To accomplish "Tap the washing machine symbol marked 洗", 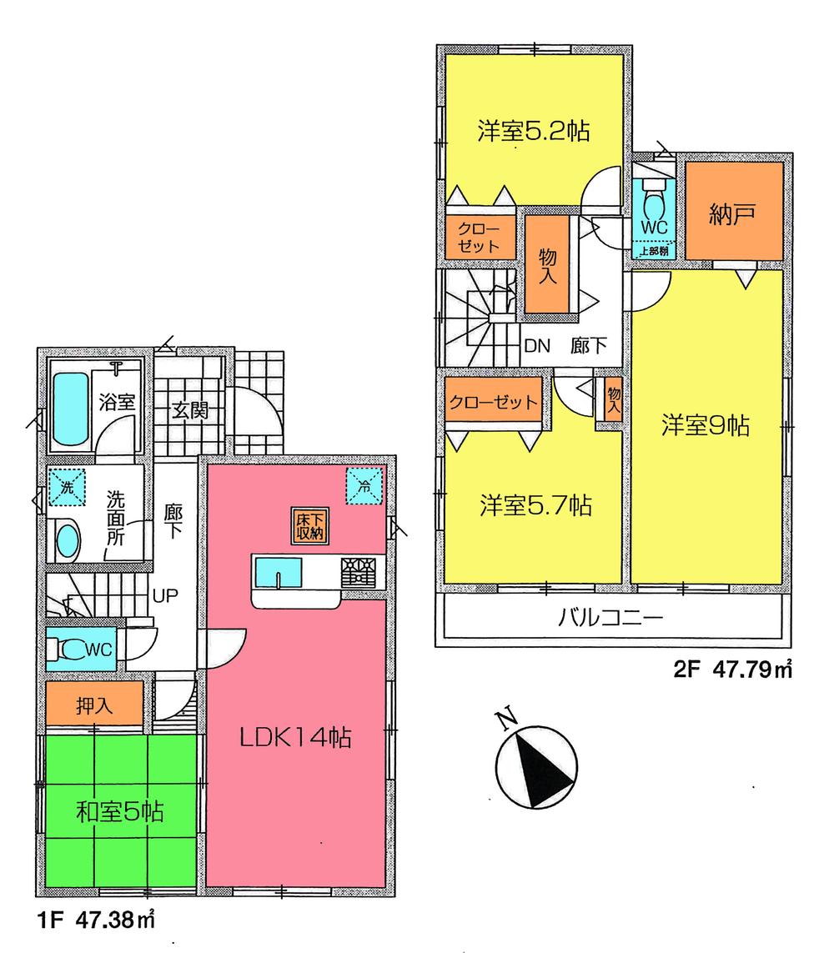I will pyautogui.click(x=67, y=486).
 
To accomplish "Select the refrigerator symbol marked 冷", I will pyautogui.click(x=364, y=486).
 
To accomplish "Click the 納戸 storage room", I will pyautogui.click(x=734, y=213).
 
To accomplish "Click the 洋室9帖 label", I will pyautogui.click(x=706, y=425).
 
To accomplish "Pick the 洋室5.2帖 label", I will pyautogui.click(x=535, y=131).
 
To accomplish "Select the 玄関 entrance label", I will pyautogui.click(x=190, y=409).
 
